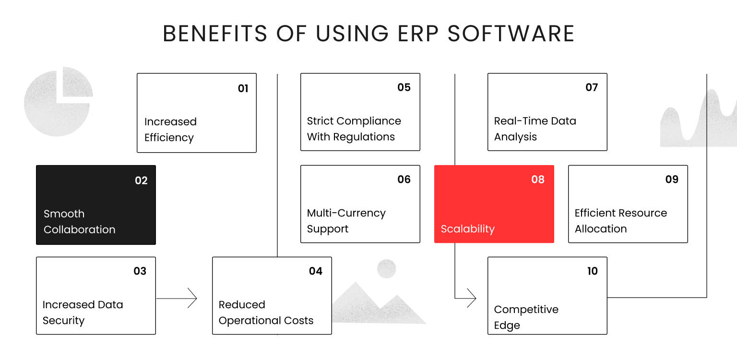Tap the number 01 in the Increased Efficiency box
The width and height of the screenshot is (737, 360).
click(x=243, y=88)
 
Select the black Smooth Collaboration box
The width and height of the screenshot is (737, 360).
click(x=96, y=205)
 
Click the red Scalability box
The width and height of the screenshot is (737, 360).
click(x=494, y=204)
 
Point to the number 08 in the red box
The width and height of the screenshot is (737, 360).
click(x=538, y=180)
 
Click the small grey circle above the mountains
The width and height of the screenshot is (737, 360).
click(x=386, y=269)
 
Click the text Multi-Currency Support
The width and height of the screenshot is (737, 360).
click(x=346, y=221)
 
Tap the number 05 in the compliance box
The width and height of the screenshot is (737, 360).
click(x=404, y=87)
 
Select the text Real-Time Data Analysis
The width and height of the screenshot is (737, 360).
click(x=535, y=129)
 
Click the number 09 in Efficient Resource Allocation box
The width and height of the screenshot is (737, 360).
click(x=672, y=180)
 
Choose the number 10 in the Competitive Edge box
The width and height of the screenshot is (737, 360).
click(x=593, y=271)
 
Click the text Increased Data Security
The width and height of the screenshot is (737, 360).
click(x=83, y=312)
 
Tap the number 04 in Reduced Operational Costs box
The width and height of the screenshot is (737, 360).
click(x=316, y=271)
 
